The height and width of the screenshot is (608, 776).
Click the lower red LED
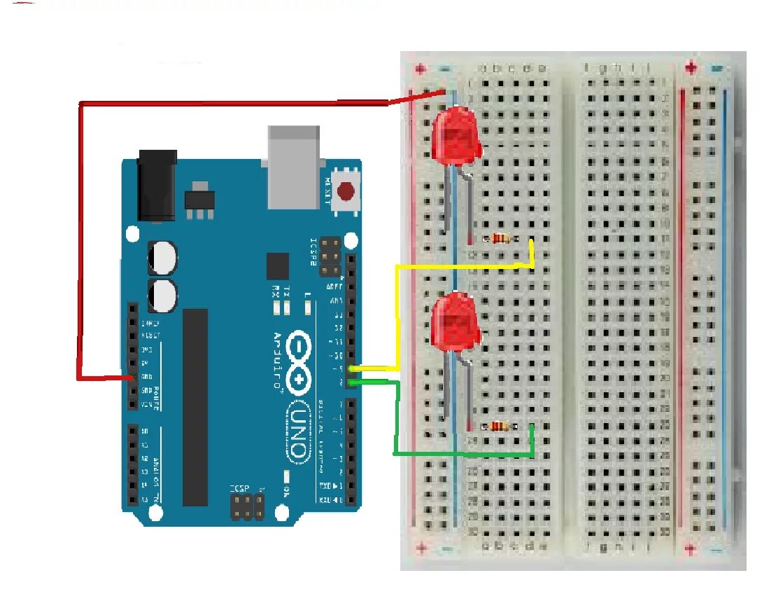click(454, 324)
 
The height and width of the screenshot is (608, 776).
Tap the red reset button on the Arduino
click(346, 191)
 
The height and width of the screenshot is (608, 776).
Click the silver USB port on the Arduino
click(293, 167)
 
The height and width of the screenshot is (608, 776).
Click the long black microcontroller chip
click(195, 407)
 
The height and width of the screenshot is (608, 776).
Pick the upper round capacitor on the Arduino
click(162, 258)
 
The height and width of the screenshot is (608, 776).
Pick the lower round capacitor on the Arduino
click(162, 295)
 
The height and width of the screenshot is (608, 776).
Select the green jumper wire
click(396, 420)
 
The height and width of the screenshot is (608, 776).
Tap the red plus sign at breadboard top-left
click(420, 69)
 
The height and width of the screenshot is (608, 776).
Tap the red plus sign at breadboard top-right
click(691, 68)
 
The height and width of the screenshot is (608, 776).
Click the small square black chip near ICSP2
click(278, 266)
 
